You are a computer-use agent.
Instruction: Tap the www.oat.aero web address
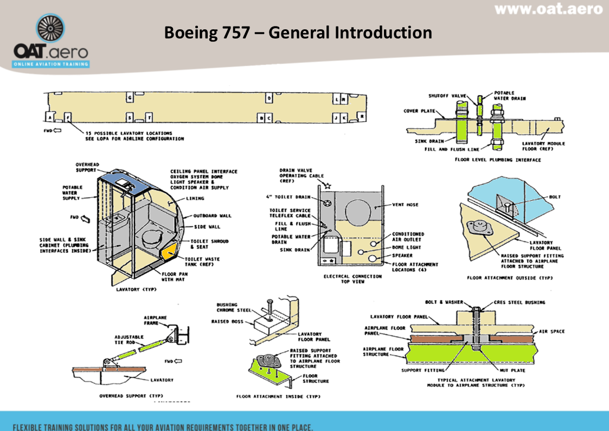pyautogui.click(x=548, y=9)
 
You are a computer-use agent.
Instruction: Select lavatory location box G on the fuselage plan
pyautogui.click(x=129, y=98)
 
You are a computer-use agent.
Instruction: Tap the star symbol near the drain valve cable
pyautogui.click(x=327, y=186)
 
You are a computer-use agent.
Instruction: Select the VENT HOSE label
pyautogui.click(x=405, y=205)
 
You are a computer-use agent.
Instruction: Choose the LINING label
pyautogui.click(x=195, y=199)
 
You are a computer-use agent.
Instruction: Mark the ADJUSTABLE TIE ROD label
pyautogui.click(x=129, y=340)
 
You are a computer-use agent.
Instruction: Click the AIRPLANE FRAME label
pyautogui.click(x=155, y=320)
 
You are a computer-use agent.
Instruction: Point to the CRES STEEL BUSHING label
pyautogui.click(x=520, y=302)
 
